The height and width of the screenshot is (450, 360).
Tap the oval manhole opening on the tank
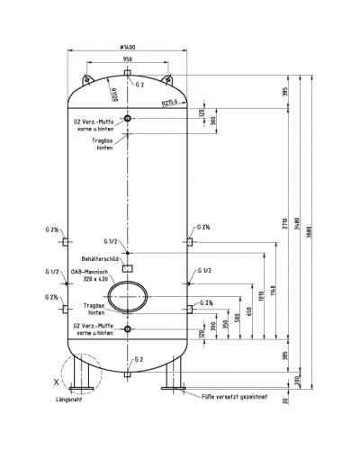tap(128, 296)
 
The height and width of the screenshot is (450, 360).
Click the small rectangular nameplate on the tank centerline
tap(128, 267)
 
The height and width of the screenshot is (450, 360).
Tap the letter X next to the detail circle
tap(56, 382)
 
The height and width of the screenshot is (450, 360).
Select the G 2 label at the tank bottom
tap(138, 359)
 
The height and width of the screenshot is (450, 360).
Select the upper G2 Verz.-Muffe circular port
tap(128, 119)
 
